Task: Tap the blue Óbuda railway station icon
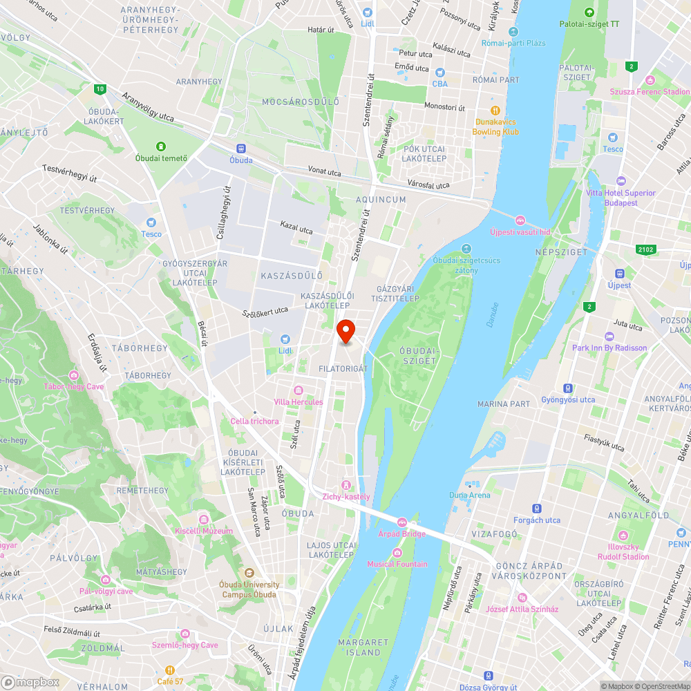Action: tap(241, 148)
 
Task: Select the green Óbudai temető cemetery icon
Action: tap(161, 146)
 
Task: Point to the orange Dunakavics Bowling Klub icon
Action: tap(495, 111)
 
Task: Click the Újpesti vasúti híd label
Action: tap(520, 232)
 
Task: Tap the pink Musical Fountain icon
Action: tap(397, 552)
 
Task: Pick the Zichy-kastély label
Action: tap(346, 497)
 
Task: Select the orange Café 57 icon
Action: tap(170, 670)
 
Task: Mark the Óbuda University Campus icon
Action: tap(249, 573)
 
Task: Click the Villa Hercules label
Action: tap(298, 402)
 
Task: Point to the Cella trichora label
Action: tap(255, 422)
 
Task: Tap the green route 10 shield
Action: tap(101, 88)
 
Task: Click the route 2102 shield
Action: tap(647, 249)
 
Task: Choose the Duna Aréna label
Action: tap(470, 495)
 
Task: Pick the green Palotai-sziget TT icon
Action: tap(589, 12)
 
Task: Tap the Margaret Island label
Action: tap(359, 647)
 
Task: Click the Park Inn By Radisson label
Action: tap(609, 348)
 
